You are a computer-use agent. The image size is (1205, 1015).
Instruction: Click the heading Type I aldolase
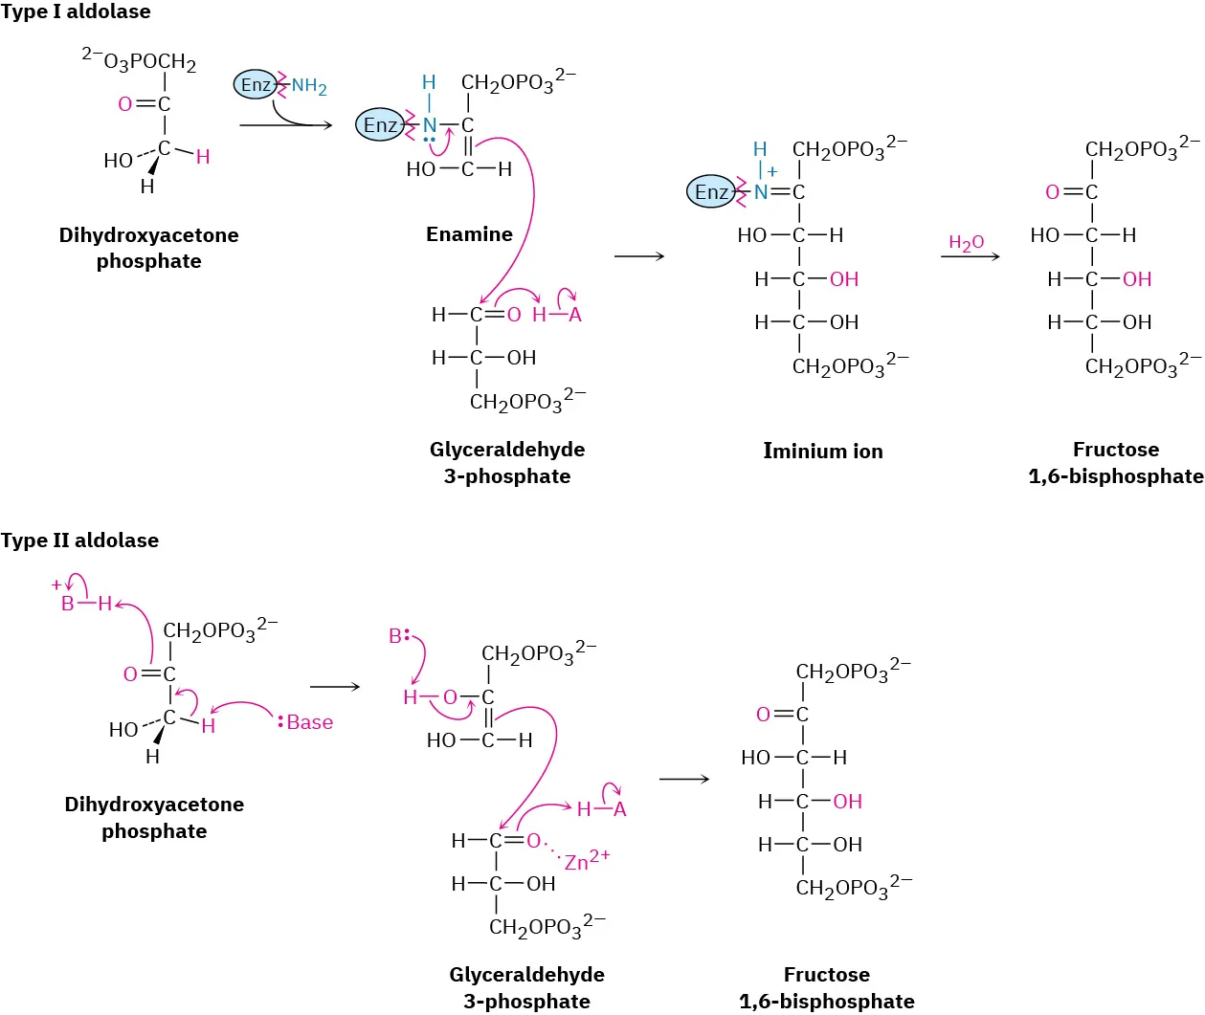(76, 12)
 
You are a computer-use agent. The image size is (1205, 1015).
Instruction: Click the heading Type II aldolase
(79, 541)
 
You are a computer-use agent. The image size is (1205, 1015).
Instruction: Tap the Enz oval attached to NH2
(255, 85)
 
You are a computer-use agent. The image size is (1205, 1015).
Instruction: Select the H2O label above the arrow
(966, 243)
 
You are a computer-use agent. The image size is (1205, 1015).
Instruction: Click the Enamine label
(469, 234)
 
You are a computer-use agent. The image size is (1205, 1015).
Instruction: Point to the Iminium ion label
(822, 451)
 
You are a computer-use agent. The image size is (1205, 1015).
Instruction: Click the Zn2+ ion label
(586, 860)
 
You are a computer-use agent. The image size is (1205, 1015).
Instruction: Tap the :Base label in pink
(306, 722)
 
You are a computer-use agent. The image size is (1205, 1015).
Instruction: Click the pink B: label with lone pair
(399, 636)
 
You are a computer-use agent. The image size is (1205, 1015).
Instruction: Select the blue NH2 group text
(309, 87)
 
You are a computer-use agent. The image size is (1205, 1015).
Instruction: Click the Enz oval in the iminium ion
(710, 192)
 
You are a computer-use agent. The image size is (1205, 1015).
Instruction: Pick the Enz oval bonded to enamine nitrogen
(379, 124)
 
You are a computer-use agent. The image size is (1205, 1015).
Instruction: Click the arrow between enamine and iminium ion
(638, 256)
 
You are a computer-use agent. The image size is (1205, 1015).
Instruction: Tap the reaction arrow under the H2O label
(970, 256)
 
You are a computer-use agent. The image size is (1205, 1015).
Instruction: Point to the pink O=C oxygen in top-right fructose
(1052, 192)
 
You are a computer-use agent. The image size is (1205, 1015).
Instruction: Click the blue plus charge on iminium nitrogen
(772, 172)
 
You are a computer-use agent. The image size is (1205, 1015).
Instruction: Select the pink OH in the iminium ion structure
(843, 279)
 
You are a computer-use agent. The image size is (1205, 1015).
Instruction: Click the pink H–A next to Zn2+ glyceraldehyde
(601, 809)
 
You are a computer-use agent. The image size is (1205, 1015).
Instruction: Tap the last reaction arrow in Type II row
(683, 780)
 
